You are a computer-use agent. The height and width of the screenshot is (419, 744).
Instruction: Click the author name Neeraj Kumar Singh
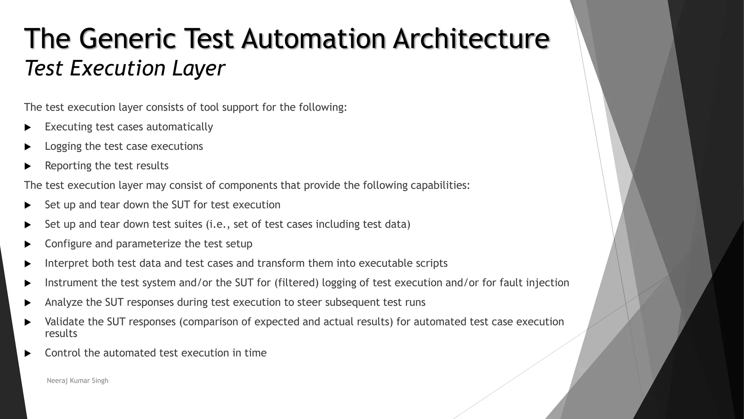(x=77, y=380)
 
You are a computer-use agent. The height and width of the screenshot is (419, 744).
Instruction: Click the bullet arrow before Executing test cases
(x=28, y=128)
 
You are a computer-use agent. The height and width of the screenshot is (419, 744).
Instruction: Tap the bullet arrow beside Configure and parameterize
(x=28, y=244)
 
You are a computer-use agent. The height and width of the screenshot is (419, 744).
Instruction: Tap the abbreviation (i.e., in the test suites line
(x=218, y=224)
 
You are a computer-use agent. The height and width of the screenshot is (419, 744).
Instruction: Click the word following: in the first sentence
(x=323, y=108)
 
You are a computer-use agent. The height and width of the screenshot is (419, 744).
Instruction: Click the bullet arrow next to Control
(x=28, y=354)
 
